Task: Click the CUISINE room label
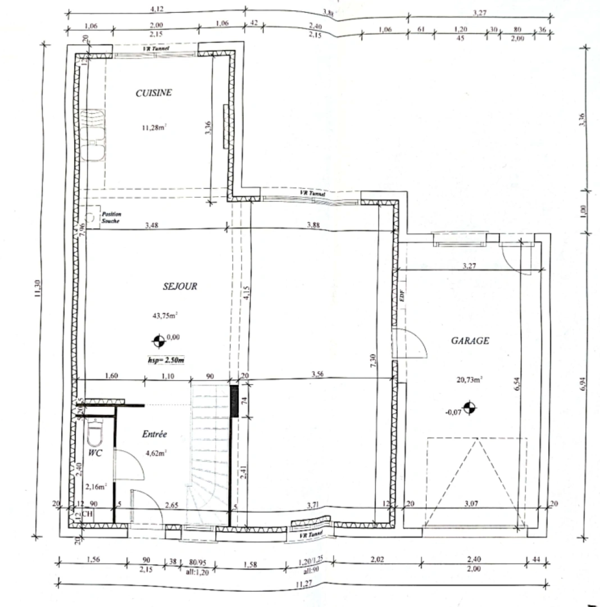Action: pyautogui.click(x=153, y=93)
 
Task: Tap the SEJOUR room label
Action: pyautogui.click(x=180, y=286)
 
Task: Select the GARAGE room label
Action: pyautogui.click(x=470, y=341)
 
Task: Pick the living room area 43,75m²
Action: pyautogui.click(x=166, y=315)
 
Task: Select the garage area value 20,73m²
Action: pyautogui.click(x=470, y=380)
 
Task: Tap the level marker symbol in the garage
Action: pyautogui.click(x=470, y=407)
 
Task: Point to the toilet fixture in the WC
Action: pyautogui.click(x=96, y=432)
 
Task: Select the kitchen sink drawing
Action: pyautogui.click(x=93, y=135)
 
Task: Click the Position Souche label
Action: pyautogui.click(x=110, y=218)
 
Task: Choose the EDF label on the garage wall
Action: pyautogui.click(x=402, y=298)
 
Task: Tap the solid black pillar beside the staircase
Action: pyautogui.click(x=235, y=400)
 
